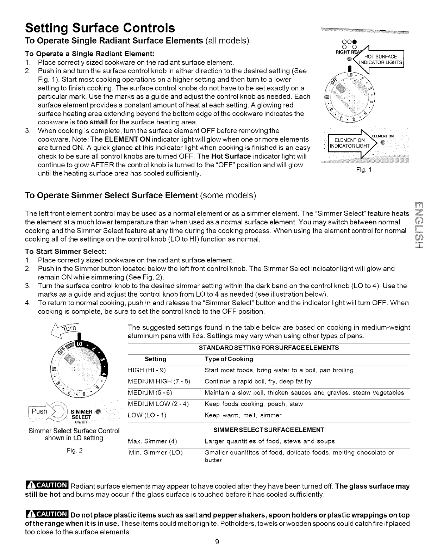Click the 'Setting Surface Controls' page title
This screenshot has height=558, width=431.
click(x=100, y=27)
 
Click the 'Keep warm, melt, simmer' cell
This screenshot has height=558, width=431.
click(x=243, y=415)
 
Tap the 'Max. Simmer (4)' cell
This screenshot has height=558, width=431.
click(x=152, y=441)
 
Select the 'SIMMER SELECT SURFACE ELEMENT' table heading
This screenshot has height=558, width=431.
click(x=269, y=430)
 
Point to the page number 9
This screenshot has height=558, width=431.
click(x=217, y=542)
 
